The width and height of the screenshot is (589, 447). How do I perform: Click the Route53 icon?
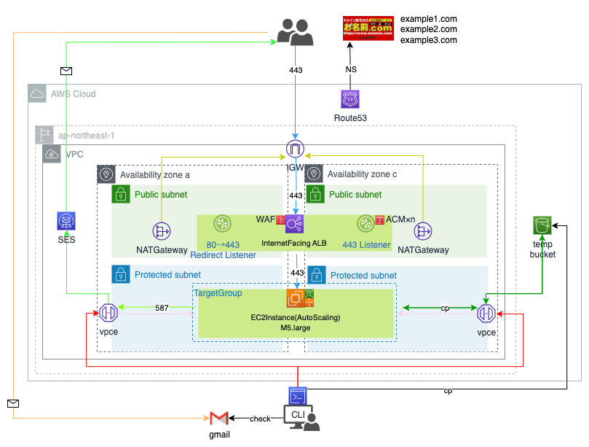pos(350,100)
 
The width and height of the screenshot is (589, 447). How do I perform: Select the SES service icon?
pos(67,222)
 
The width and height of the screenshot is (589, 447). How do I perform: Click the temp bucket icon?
pos(542,227)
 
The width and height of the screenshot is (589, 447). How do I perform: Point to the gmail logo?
pos(218,419)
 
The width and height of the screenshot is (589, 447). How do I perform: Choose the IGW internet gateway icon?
pos(295,150)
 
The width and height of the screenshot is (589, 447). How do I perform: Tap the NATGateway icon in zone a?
pos(161,231)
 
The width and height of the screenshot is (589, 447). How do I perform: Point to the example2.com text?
pos(429,29)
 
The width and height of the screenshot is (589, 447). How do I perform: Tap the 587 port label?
pos(162,308)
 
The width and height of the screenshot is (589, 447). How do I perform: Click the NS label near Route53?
pos(350,69)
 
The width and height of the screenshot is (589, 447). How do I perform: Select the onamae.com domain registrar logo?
pos(368,28)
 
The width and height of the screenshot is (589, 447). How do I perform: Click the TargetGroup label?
pos(218,292)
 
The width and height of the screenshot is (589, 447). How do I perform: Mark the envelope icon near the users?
pos(67,71)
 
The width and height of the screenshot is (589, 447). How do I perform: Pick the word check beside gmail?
pos(260,419)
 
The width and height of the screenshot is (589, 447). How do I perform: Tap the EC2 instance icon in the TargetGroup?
pos(296,298)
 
